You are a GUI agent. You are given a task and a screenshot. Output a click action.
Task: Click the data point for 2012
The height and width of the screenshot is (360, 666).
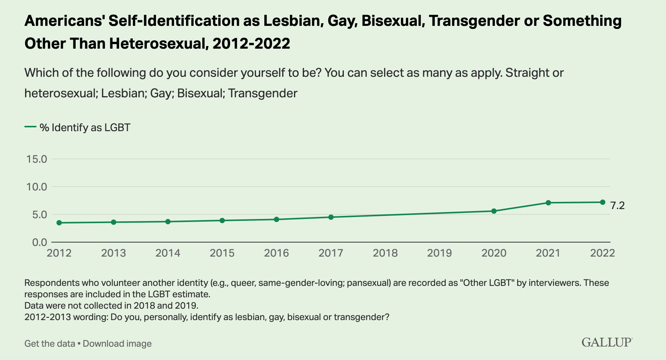pos(59,223)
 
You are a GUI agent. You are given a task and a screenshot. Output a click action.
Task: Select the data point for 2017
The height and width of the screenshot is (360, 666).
pos(331,217)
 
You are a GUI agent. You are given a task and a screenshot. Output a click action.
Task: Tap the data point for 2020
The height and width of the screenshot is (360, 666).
pos(494,211)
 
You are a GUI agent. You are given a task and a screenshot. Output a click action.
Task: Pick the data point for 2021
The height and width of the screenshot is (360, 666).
pos(548,203)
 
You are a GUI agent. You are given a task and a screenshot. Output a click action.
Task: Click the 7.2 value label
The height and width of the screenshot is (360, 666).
pos(617,206)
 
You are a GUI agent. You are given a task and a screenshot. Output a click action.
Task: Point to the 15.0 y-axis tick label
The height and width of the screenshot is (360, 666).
pos(37,159)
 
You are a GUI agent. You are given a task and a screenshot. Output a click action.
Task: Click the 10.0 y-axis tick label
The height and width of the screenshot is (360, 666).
pos(37,187)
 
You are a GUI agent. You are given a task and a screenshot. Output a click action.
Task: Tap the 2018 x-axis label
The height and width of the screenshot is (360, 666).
pos(385,253)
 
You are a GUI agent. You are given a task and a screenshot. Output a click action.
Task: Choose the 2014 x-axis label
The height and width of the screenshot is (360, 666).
pos(168,253)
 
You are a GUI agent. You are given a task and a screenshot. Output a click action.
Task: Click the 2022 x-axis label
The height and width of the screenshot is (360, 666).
pos(602,253)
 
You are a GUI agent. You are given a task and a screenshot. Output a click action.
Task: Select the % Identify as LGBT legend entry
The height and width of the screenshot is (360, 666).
pos(84,127)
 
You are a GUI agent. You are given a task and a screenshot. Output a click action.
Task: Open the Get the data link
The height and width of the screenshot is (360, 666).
pos(50,344)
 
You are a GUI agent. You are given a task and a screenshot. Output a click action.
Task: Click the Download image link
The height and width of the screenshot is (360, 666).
pos(117,344)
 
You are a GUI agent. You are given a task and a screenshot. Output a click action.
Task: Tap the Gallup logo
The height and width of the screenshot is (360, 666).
pos(607,342)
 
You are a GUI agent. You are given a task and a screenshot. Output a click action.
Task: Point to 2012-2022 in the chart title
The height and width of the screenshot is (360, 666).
pos(251,44)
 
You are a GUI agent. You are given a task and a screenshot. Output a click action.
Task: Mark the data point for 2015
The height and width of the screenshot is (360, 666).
pos(222,220)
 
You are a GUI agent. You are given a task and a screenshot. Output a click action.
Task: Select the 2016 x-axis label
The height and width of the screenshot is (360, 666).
pos(277,253)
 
